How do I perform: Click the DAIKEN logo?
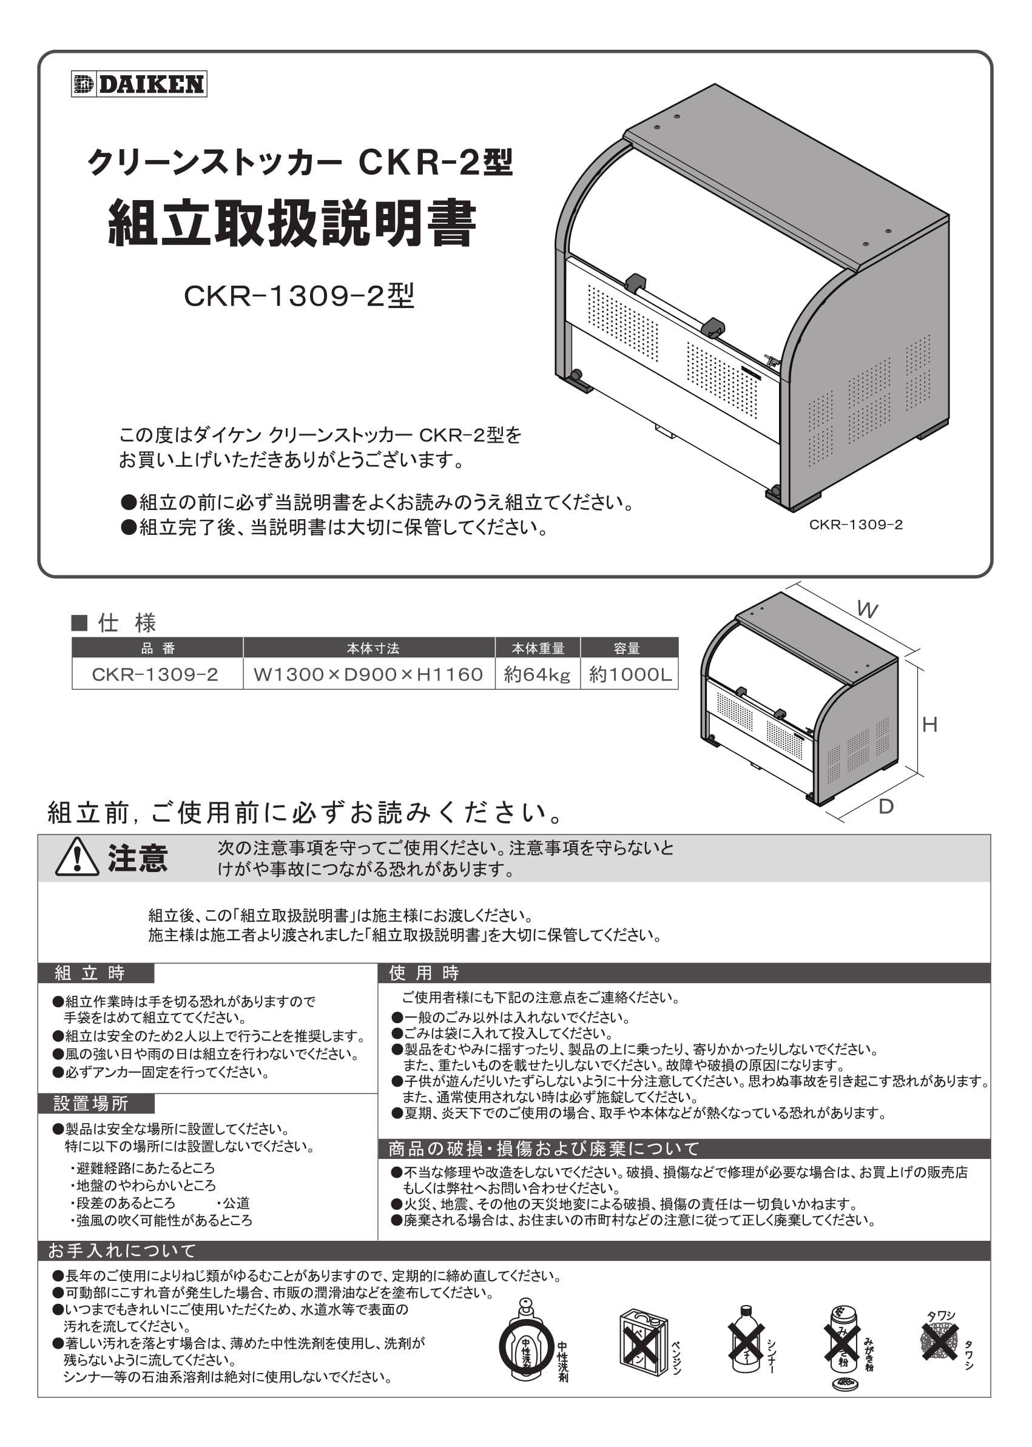[138, 84]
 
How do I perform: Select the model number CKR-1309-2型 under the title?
[298, 295]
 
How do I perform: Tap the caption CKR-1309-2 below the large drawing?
[855, 525]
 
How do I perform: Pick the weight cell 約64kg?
[537, 674]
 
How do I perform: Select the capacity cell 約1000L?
[629, 674]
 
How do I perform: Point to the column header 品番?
[157, 648]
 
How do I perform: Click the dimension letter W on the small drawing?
[867, 610]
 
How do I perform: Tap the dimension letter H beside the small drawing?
[929, 724]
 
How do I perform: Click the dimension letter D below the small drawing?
[885, 807]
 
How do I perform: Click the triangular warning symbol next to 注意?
[77, 858]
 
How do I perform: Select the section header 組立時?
[90, 973]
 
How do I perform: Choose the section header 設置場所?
[91, 1103]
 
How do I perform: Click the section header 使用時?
[424, 973]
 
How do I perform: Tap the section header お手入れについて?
[123, 1251]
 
